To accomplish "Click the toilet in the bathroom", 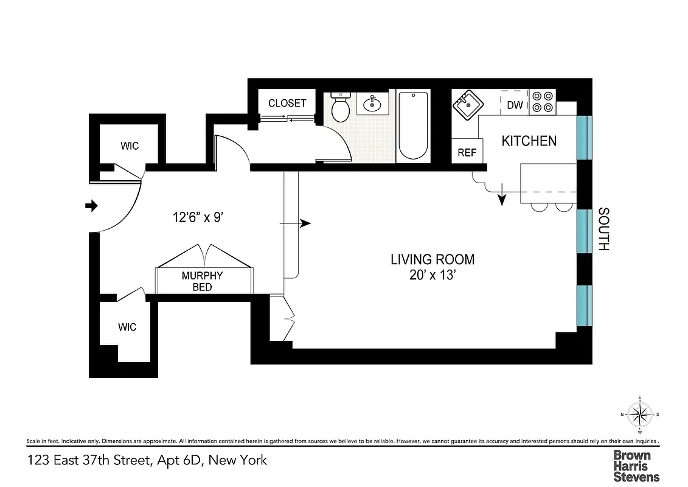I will click(x=339, y=109).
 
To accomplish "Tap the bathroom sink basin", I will click(x=372, y=105).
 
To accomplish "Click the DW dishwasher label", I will click(x=515, y=105).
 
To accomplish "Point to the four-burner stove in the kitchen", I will click(x=542, y=102).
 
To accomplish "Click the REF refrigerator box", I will click(x=467, y=152).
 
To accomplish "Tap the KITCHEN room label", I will click(x=529, y=141).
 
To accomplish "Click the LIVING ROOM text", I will click(x=433, y=259).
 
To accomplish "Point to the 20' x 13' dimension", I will click(x=433, y=275).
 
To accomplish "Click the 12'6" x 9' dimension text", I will click(x=197, y=216).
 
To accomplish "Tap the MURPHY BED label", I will click(x=202, y=281).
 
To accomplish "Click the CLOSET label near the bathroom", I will click(x=287, y=103).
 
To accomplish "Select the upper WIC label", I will click(x=129, y=145).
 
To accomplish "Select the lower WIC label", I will click(x=127, y=327).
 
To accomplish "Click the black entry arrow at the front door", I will click(x=91, y=206).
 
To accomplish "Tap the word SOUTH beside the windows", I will click(x=603, y=229).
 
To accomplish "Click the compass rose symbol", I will click(x=639, y=415).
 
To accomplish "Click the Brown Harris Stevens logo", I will click(x=636, y=466).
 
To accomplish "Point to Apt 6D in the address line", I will click(x=176, y=460).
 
